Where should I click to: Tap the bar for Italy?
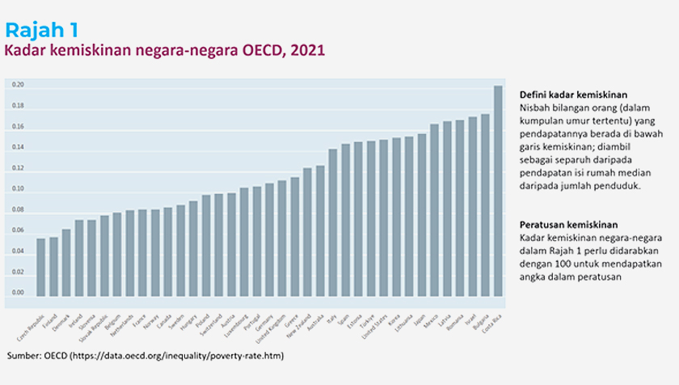pos(333,222)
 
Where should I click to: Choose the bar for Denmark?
pos(66,263)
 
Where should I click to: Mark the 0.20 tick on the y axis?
pos(19,85)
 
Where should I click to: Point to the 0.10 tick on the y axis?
pos(19,189)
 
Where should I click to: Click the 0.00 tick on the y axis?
pos(19,294)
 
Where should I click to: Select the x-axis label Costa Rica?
pos(489,324)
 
